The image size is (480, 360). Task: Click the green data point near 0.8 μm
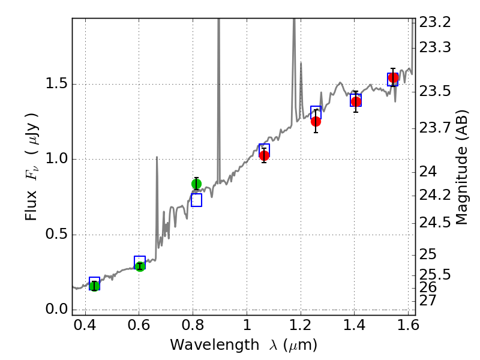coord(196,184)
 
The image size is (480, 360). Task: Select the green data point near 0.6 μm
coord(140,266)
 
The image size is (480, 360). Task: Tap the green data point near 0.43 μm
coord(94,286)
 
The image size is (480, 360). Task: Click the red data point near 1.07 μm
coord(264,155)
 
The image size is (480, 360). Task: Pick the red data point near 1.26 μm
coord(316,121)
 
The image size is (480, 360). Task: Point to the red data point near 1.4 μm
coord(356,101)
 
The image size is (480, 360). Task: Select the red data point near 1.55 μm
coord(393,77)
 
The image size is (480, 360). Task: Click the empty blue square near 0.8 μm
coord(196,200)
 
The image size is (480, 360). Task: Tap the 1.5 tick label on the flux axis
coord(56,85)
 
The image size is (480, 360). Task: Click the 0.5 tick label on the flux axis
coord(56,235)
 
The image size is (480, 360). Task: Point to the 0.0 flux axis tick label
coord(56,310)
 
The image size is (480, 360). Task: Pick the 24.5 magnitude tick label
coord(436,223)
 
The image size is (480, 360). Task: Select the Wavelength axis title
coord(244,346)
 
